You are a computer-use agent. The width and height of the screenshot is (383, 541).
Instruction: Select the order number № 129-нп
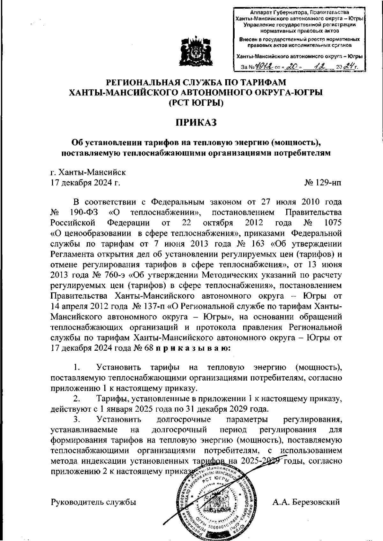(323, 183)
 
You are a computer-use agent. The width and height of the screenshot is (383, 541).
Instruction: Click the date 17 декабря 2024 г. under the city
(85, 183)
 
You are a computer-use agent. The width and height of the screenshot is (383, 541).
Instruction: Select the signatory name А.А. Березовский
(306, 502)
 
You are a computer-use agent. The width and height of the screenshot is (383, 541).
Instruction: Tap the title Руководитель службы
(94, 502)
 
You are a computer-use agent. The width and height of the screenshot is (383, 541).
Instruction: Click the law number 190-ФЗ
(80, 212)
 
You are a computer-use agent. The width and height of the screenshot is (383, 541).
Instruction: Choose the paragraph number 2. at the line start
(77, 399)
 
